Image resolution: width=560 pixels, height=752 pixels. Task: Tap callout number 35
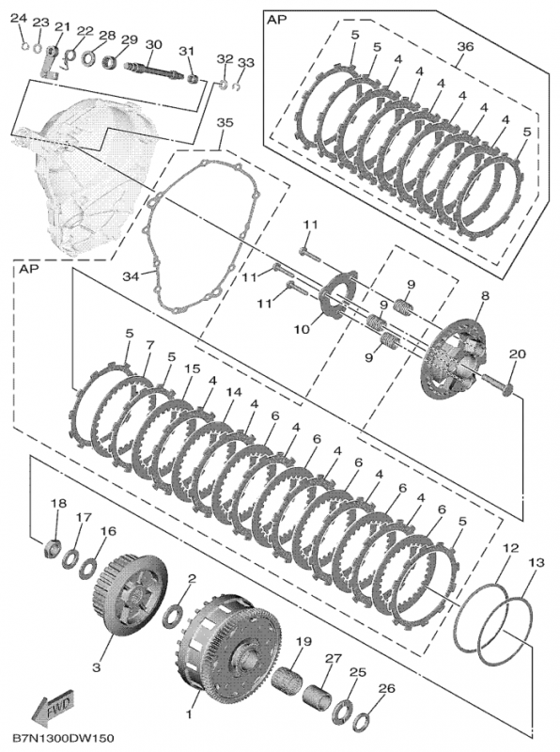[223, 122]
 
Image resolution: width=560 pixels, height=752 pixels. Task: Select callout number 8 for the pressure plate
[485, 296]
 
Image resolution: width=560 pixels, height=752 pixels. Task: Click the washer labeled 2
[174, 615]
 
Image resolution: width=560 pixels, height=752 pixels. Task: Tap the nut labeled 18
[53, 547]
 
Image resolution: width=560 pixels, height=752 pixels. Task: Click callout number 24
[22, 22]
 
